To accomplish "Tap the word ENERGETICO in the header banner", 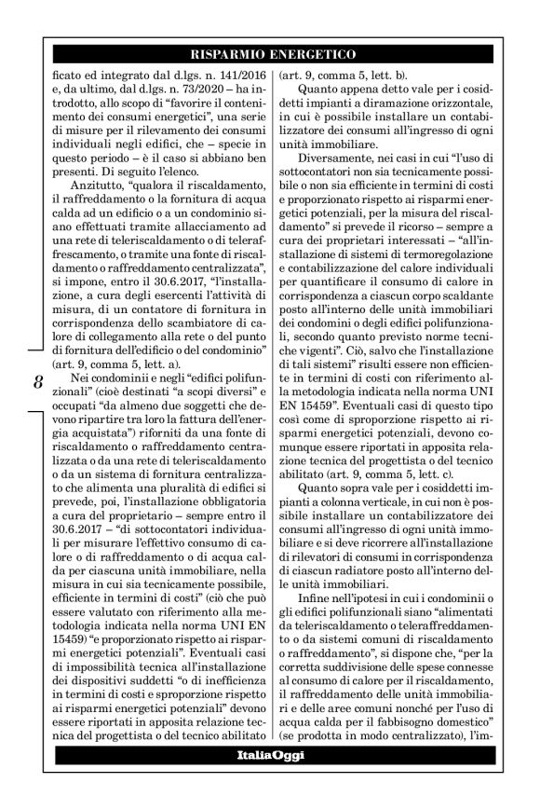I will pos(311,53).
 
